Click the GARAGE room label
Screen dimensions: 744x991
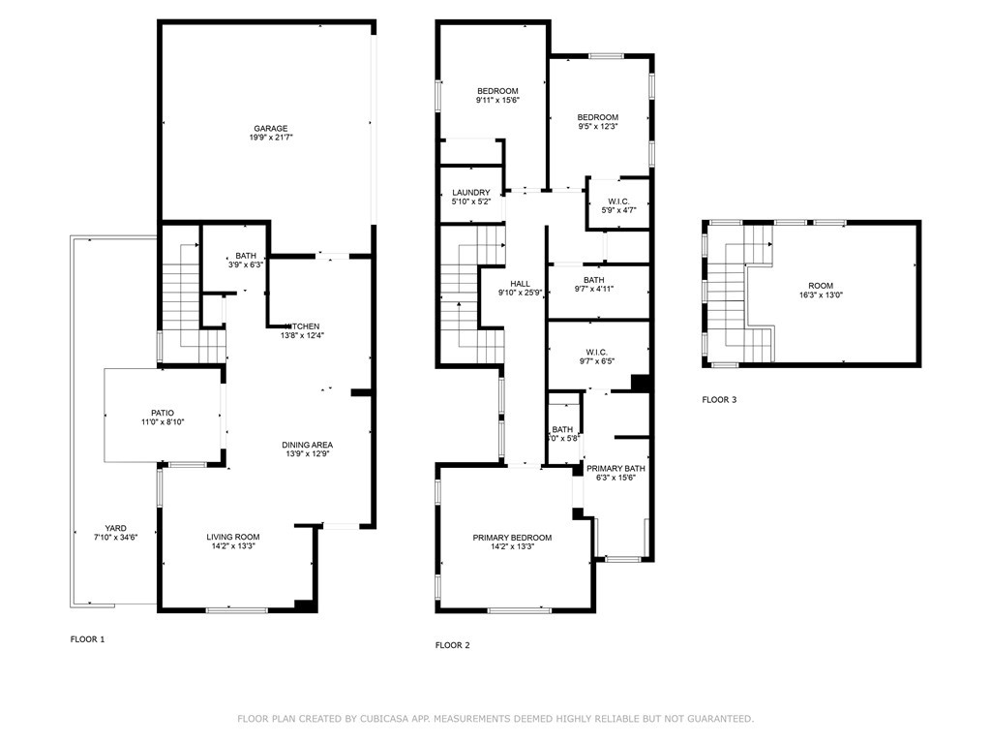(271, 128)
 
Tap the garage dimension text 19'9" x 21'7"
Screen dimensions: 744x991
(271, 139)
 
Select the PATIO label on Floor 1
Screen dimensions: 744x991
(161, 413)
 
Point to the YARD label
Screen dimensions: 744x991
(115, 528)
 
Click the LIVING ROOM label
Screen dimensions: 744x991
(232, 537)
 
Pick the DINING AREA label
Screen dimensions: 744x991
(307, 445)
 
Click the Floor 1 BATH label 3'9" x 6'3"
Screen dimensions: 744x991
(245, 256)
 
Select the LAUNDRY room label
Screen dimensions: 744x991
(470, 193)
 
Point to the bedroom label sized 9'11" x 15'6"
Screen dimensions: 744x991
(497, 91)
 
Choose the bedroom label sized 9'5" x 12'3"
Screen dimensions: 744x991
(597, 117)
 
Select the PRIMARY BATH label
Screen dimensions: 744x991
(616, 468)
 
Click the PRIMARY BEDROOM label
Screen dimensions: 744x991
(512, 538)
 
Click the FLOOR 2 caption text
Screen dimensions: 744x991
(452, 645)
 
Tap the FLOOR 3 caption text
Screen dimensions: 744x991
(719, 399)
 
